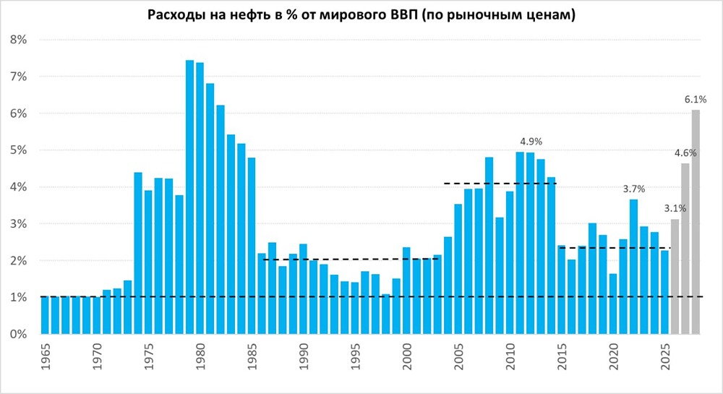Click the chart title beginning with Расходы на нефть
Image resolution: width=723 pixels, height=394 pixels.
click(361, 15)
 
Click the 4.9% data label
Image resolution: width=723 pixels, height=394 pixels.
click(531, 141)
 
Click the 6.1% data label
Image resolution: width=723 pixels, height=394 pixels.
click(696, 99)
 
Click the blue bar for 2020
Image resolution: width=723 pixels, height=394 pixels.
click(613, 304)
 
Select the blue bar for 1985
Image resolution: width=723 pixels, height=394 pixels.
click(252, 246)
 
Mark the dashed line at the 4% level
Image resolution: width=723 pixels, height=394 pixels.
click(499, 184)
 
